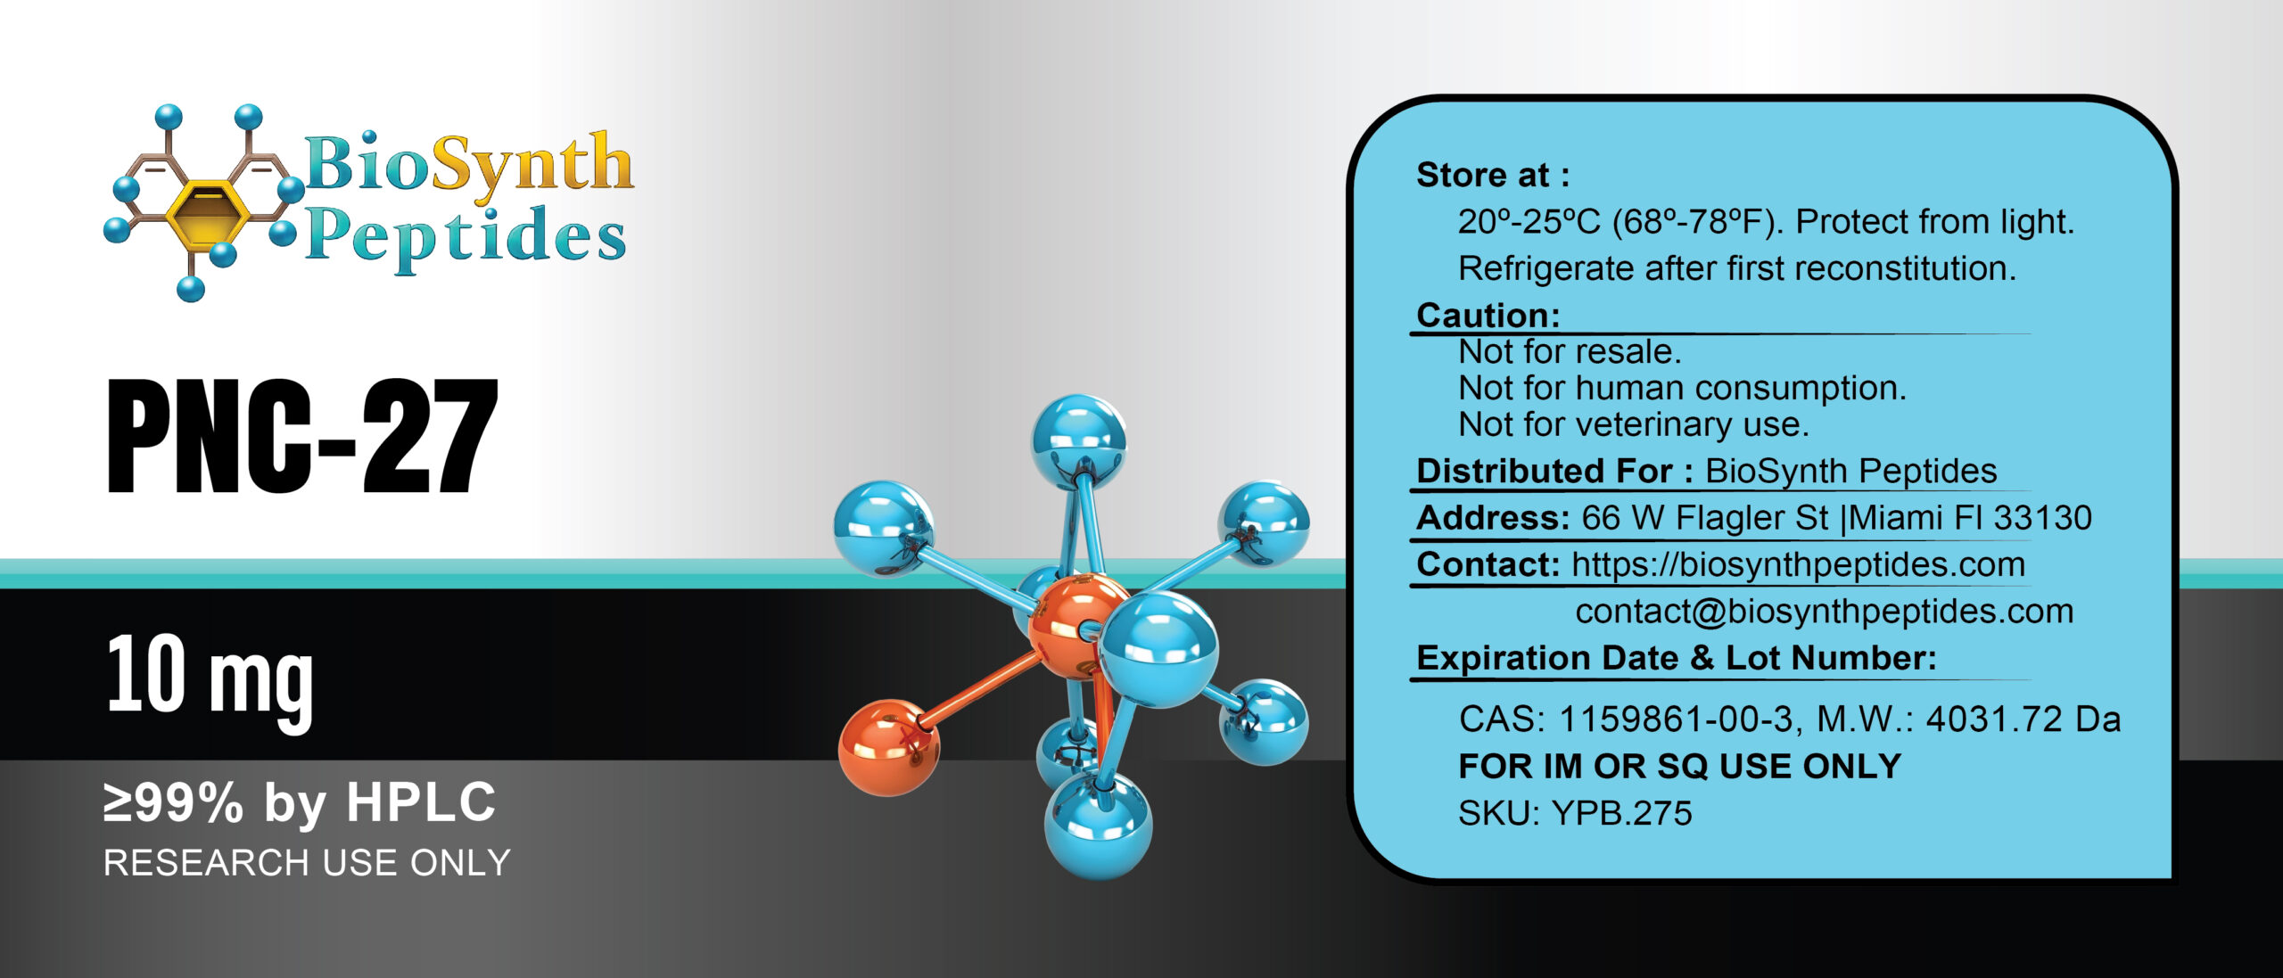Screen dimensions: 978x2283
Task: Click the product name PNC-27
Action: pos(301,436)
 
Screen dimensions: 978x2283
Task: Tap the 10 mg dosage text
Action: pos(210,678)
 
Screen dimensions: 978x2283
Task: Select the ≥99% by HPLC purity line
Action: pos(300,802)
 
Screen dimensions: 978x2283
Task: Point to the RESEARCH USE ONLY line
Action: pos(307,863)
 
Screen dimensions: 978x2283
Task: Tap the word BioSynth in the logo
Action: pos(468,165)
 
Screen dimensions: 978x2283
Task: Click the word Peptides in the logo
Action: pos(466,236)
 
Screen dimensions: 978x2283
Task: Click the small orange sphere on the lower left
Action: pos(888,747)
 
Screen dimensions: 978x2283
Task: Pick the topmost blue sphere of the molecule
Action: pos(1078,440)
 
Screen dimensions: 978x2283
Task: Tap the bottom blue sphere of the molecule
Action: pos(1098,825)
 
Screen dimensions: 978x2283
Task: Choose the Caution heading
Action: pos(1488,315)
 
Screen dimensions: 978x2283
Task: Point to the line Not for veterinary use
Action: pos(1633,424)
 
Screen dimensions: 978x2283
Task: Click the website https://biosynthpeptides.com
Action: pos(1798,564)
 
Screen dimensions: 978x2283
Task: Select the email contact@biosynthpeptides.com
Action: pos(1824,612)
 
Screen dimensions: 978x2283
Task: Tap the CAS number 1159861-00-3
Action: pos(1677,719)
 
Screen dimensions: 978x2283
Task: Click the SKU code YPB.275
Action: pos(1621,813)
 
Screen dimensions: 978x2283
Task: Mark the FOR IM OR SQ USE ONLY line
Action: pos(1679,767)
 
